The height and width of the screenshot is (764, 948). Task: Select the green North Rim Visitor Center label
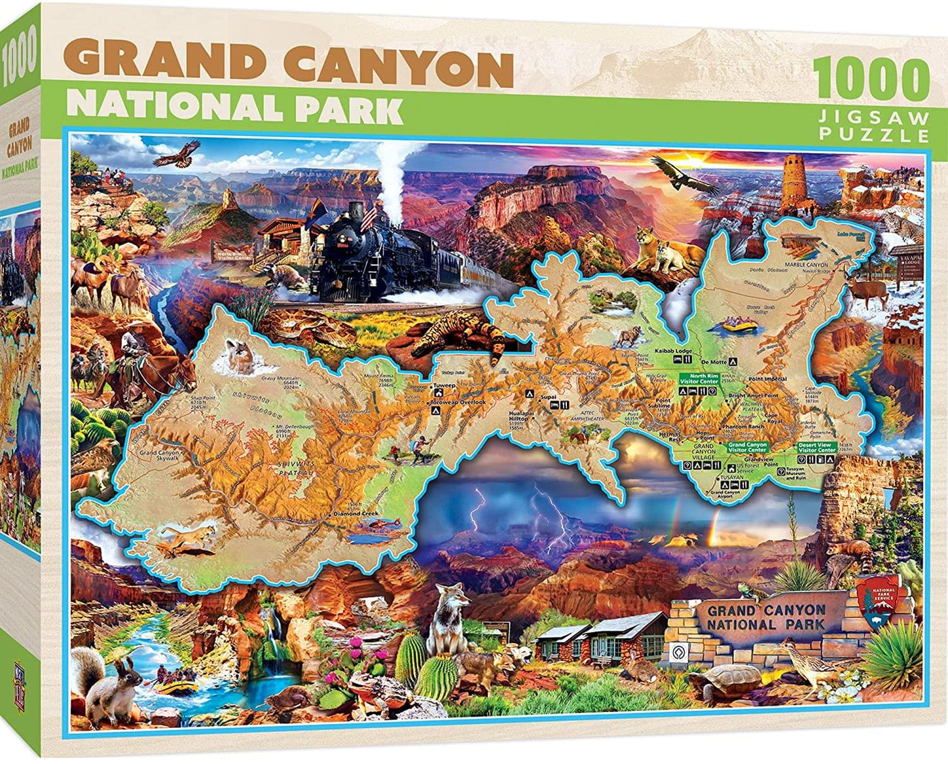point(699,379)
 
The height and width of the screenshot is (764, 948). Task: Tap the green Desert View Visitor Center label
point(817,448)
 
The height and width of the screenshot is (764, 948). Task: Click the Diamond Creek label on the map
point(356,513)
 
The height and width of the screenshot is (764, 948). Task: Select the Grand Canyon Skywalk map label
point(159,456)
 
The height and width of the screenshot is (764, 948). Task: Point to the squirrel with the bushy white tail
point(105,683)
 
